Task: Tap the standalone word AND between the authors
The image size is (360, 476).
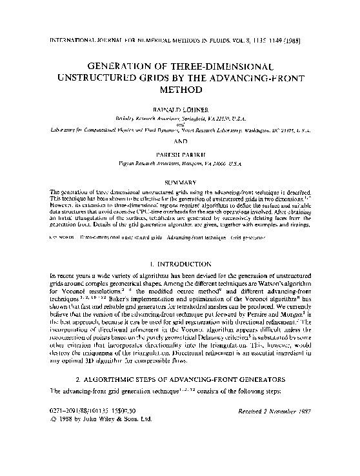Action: (x=180, y=143)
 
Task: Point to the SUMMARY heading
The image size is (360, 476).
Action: (x=180, y=183)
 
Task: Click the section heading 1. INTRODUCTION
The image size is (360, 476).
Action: (x=180, y=264)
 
